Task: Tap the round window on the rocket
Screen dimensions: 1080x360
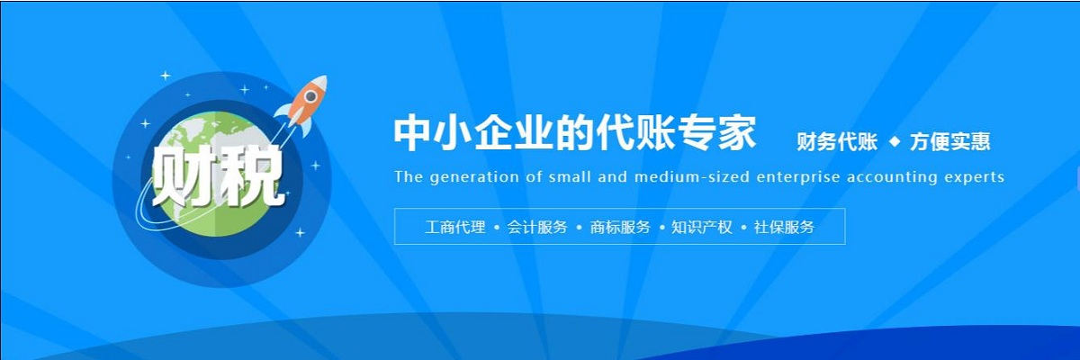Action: (x=311, y=96)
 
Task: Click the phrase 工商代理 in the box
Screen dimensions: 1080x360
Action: (x=455, y=227)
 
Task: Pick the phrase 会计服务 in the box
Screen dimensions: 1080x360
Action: (x=537, y=227)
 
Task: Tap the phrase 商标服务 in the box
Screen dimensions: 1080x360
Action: (x=620, y=227)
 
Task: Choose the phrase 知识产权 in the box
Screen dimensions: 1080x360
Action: (x=702, y=227)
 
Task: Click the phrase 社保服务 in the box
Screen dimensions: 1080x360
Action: (x=784, y=227)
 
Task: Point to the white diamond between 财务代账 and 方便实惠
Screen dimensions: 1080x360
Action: (x=895, y=141)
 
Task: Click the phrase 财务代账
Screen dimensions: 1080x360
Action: (x=837, y=141)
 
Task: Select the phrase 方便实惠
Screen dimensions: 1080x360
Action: (x=949, y=141)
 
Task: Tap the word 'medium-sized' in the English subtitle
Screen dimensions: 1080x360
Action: (x=692, y=177)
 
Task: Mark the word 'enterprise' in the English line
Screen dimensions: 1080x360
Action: (x=798, y=177)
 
